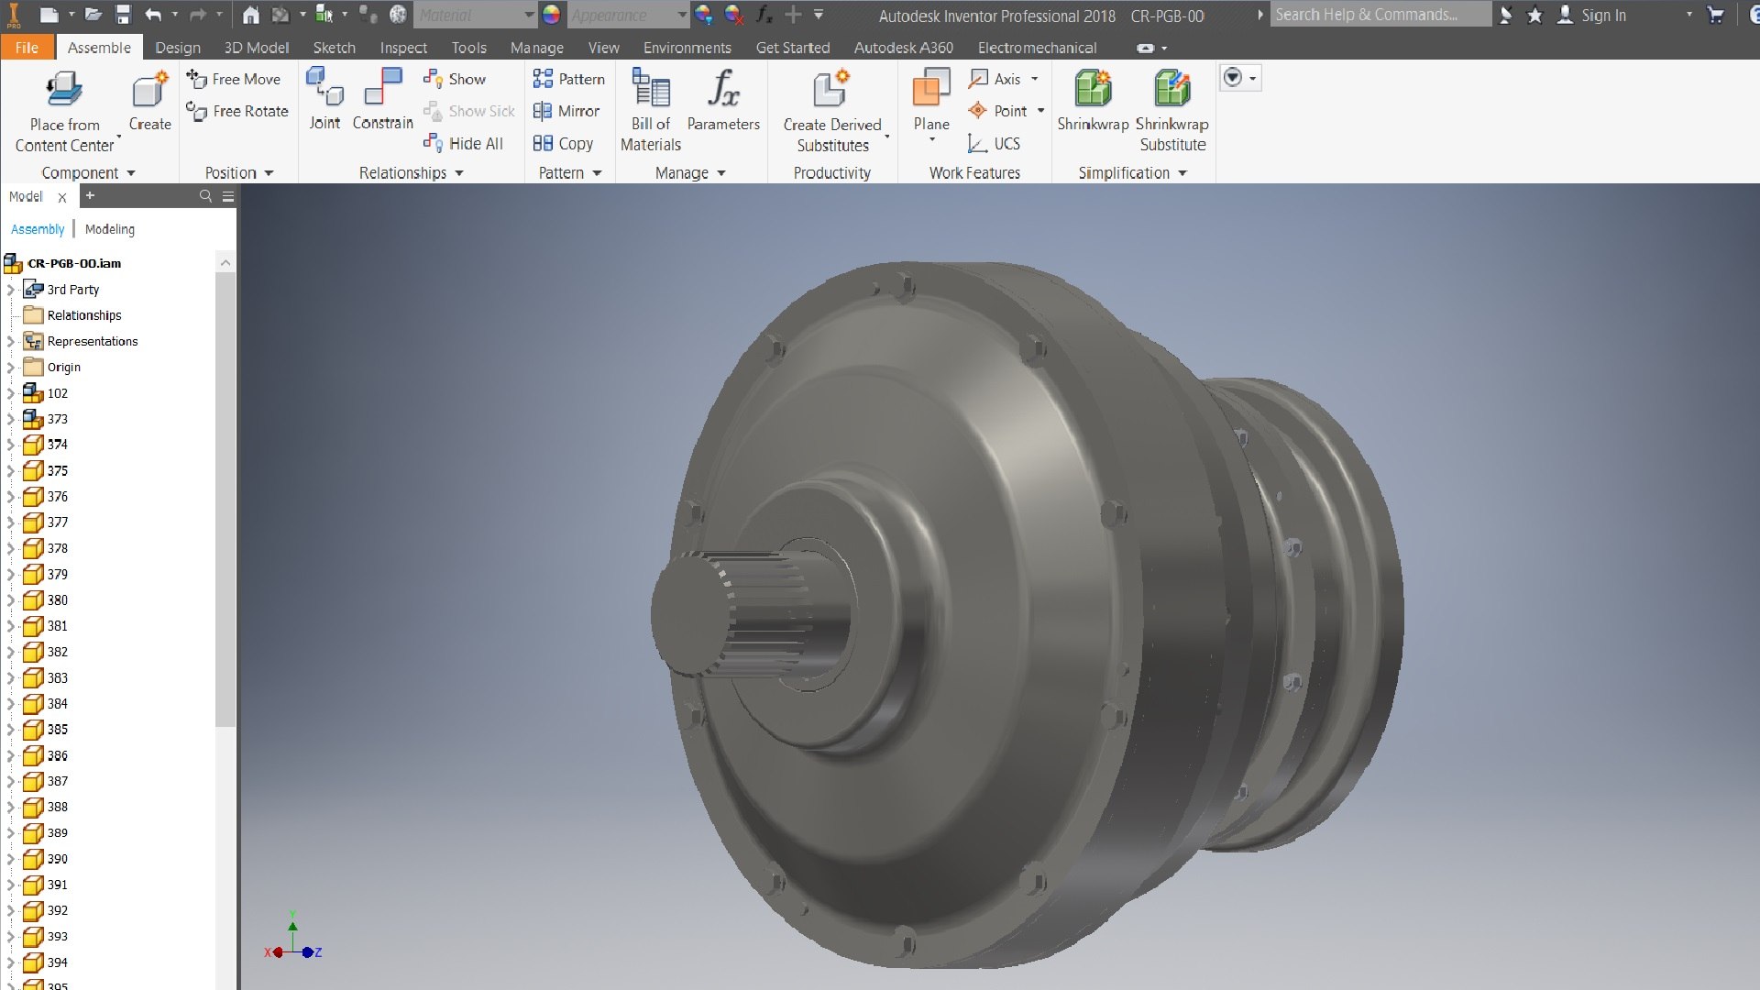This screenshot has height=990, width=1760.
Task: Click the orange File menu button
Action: (x=27, y=48)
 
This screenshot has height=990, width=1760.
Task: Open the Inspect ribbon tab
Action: (x=403, y=48)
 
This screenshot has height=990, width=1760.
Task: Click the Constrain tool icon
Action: (x=383, y=89)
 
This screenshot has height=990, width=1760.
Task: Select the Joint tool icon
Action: (x=324, y=89)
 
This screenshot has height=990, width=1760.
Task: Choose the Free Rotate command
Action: (x=237, y=111)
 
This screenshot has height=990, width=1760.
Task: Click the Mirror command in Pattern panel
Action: (x=567, y=111)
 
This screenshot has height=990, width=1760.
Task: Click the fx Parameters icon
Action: (x=722, y=89)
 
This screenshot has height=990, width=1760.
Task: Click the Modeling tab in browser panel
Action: (x=110, y=229)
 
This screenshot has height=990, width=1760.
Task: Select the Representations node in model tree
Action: (x=92, y=341)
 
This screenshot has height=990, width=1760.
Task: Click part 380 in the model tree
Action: (x=57, y=600)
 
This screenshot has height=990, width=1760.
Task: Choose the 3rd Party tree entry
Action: (x=72, y=290)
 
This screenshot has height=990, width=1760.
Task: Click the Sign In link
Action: (x=1602, y=15)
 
